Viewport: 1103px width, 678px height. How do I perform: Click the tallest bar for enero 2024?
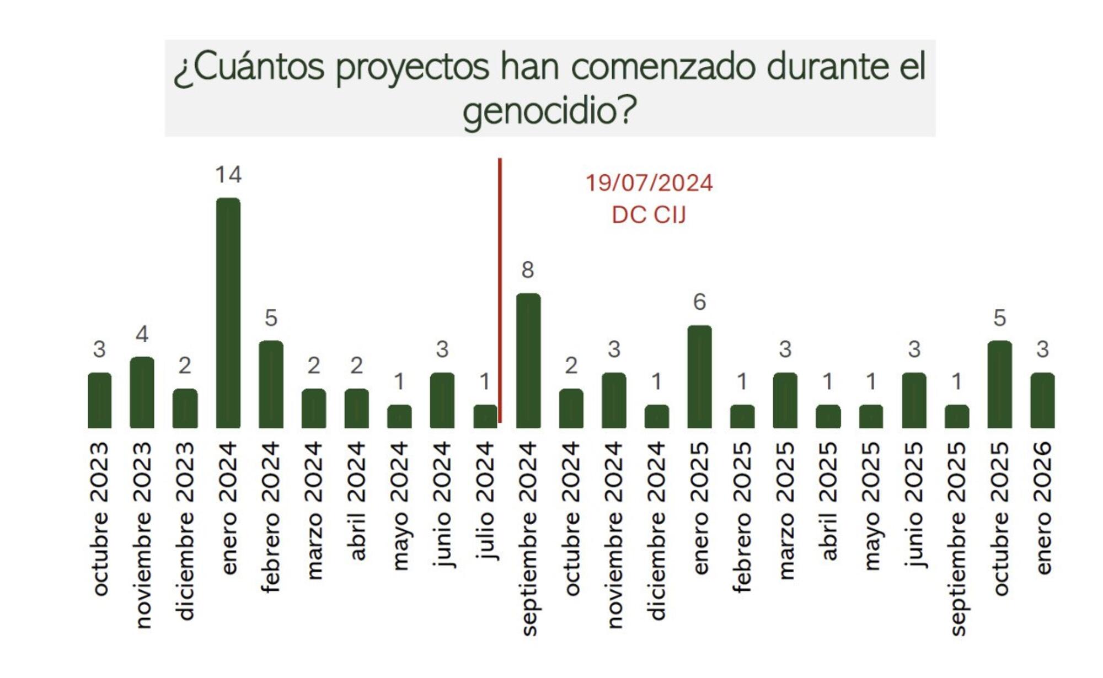(x=228, y=313)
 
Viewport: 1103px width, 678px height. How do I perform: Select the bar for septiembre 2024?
(x=528, y=360)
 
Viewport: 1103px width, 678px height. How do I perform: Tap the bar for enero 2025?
(x=699, y=376)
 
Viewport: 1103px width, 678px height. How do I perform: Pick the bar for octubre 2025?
(x=999, y=384)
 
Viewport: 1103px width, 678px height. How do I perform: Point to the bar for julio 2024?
(x=485, y=416)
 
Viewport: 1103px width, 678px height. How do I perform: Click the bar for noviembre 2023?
(x=142, y=392)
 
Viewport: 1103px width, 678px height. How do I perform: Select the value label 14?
(x=228, y=175)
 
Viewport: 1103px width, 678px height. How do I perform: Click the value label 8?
(x=528, y=270)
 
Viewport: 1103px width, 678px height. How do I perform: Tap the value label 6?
(x=699, y=302)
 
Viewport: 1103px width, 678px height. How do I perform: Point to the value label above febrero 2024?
(x=271, y=318)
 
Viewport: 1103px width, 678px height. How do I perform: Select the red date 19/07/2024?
(x=649, y=183)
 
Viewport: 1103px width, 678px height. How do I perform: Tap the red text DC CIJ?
(x=649, y=215)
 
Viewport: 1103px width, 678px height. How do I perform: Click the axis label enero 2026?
(x=1042, y=508)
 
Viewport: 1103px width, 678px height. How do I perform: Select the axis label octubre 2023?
(x=100, y=518)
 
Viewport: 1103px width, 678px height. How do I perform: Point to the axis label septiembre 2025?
(x=957, y=538)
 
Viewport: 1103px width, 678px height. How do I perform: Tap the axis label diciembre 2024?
(x=657, y=530)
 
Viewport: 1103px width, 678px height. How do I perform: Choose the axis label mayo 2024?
(x=399, y=505)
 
